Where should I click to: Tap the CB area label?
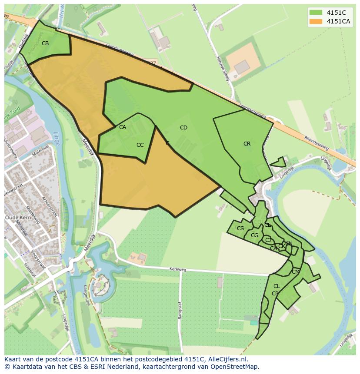45,43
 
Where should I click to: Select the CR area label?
247,144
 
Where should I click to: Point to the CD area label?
183,128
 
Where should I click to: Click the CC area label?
140,145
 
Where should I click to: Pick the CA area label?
123,127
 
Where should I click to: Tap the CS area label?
240,228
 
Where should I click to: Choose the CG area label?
255,235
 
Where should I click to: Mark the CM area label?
296,272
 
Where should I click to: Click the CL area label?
277,286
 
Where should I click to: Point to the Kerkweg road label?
178,270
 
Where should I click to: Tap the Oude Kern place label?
17,217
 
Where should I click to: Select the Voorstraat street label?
40,252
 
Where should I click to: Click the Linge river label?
56,139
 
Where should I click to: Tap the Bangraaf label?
180,310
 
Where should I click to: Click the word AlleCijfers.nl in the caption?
226,359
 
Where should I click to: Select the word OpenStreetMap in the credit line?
237,367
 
